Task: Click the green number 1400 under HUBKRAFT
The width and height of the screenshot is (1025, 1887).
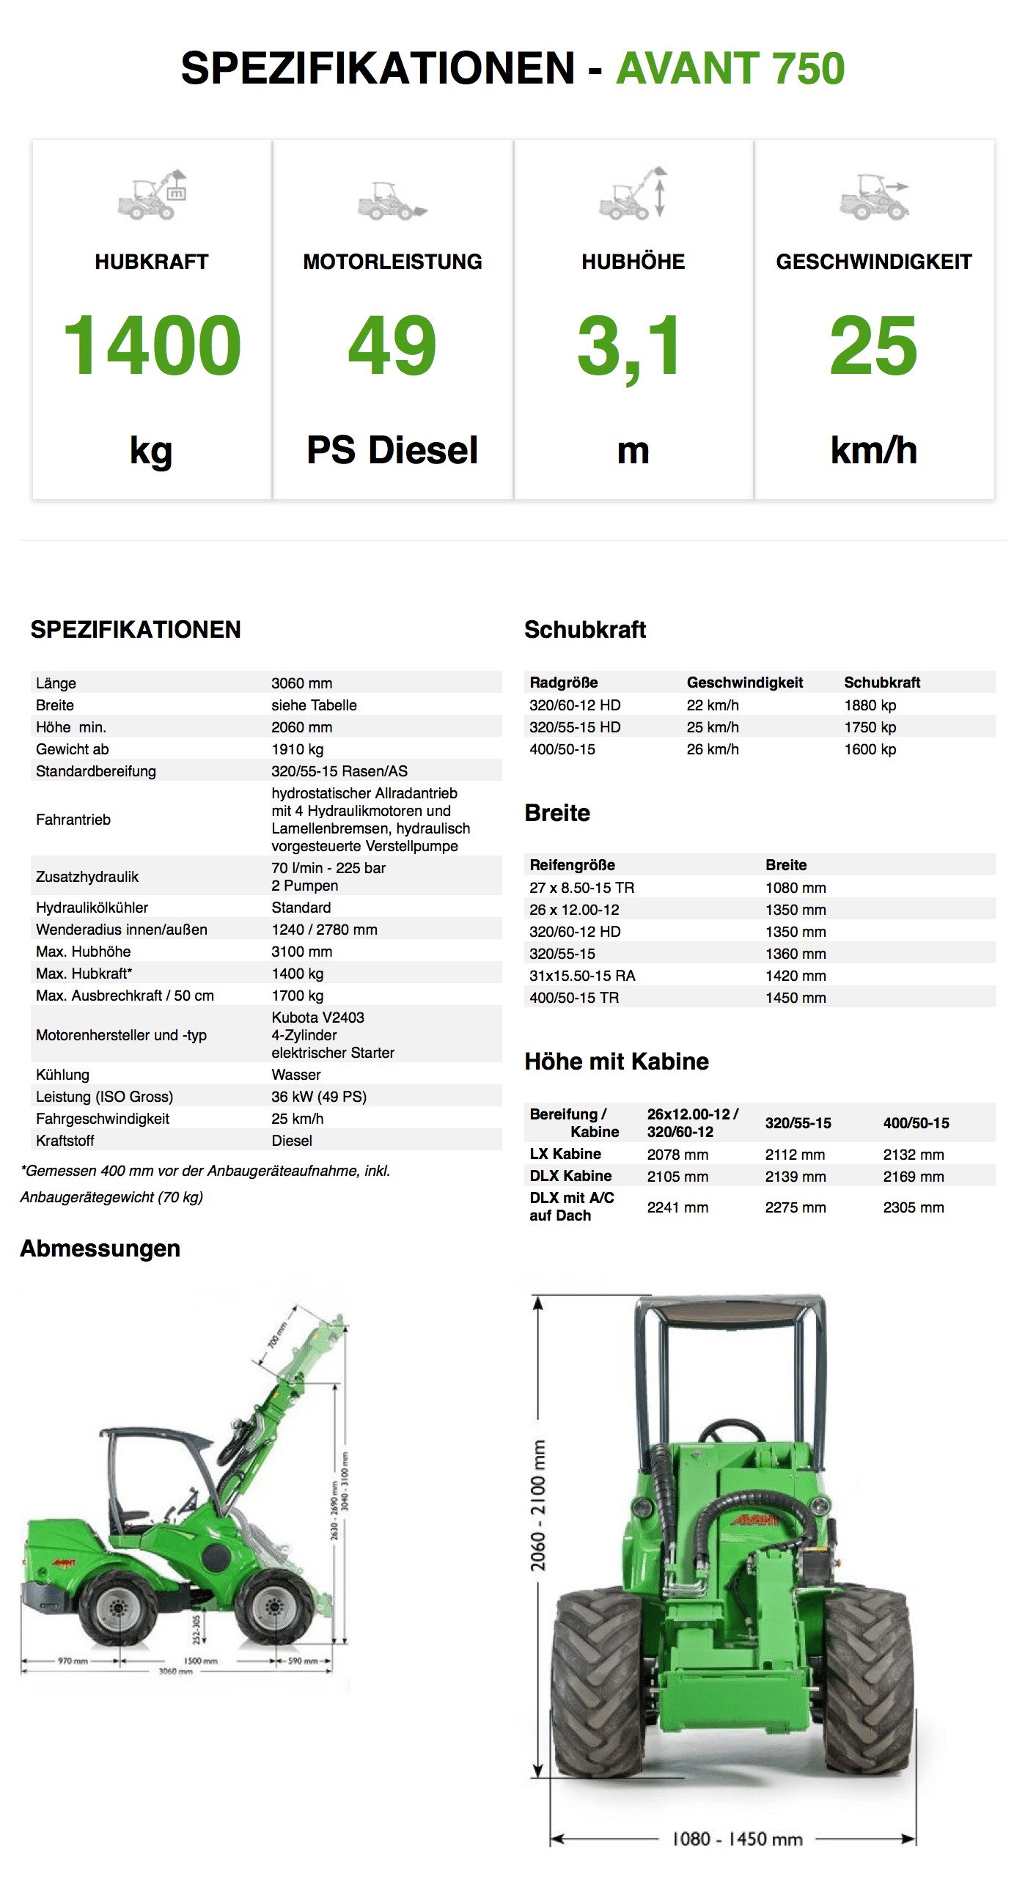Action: tap(152, 345)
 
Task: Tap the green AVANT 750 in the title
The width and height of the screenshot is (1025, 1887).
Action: tap(730, 68)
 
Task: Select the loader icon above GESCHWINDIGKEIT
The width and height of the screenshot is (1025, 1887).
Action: tap(873, 197)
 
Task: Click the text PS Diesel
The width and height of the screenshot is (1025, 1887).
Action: tap(392, 450)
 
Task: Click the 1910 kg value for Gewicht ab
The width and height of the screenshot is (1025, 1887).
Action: tap(297, 749)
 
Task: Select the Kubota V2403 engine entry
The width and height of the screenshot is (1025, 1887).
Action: tap(317, 1018)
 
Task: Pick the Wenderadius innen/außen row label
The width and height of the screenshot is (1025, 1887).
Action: tap(122, 930)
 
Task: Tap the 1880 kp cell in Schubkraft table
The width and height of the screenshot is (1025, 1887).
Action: tap(870, 705)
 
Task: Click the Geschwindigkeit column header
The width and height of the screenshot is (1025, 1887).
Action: tap(744, 683)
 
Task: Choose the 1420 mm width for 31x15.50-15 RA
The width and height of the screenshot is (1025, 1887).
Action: tap(796, 976)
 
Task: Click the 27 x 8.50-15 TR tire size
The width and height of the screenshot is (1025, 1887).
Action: tap(581, 888)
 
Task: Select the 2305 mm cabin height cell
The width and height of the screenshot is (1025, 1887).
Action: tap(913, 1207)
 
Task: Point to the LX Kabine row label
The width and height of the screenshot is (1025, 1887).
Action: tap(565, 1154)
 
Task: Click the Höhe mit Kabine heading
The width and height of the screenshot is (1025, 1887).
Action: tap(617, 1062)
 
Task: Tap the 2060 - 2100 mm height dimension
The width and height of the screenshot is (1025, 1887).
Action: tap(539, 1507)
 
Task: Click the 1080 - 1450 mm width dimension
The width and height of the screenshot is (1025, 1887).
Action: tap(737, 1839)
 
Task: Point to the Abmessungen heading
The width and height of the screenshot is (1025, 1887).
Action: tap(100, 1248)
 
